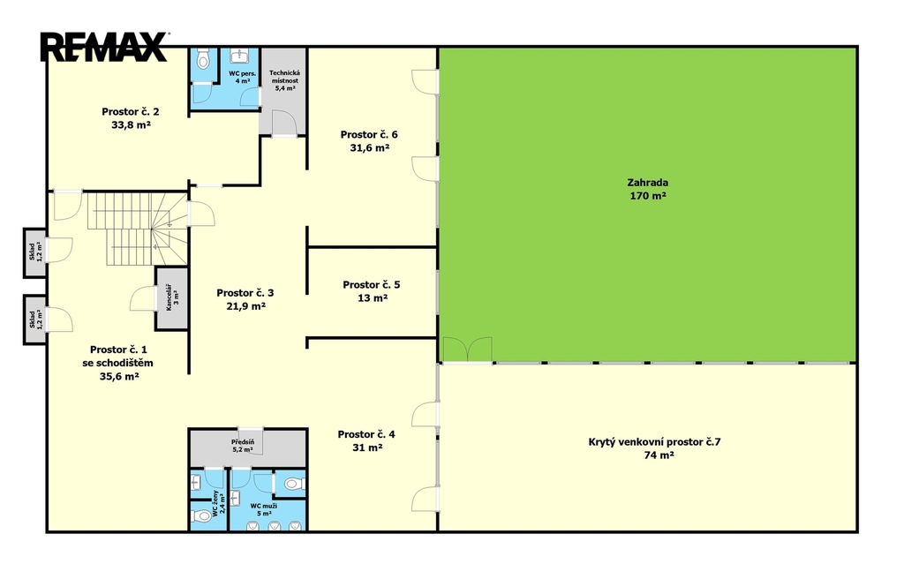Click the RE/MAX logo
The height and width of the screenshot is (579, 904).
(x=104, y=47)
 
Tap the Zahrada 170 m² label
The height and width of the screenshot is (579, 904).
(x=648, y=189)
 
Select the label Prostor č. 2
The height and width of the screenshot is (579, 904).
(x=131, y=111)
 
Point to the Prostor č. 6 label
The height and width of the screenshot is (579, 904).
(x=369, y=134)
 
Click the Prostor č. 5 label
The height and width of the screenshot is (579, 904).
(x=372, y=284)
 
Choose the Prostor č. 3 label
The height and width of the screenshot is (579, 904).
(x=245, y=293)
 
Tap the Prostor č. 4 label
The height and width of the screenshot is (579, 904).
(x=366, y=434)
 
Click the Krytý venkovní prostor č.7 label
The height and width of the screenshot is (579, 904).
(x=654, y=442)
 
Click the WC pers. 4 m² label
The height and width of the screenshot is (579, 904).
(x=242, y=78)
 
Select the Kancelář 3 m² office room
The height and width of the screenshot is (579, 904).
(x=172, y=298)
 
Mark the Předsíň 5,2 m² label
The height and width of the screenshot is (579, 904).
(x=243, y=446)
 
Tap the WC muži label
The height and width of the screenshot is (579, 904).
(x=263, y=506)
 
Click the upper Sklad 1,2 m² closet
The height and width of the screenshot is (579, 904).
(x=34, y=252)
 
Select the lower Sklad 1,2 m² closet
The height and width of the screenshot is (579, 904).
(x=34, y=320)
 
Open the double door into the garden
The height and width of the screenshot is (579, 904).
(x=467, y=350)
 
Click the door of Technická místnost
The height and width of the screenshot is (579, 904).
(x=283, y=123)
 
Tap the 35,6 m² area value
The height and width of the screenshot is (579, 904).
(x=119, y=377)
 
